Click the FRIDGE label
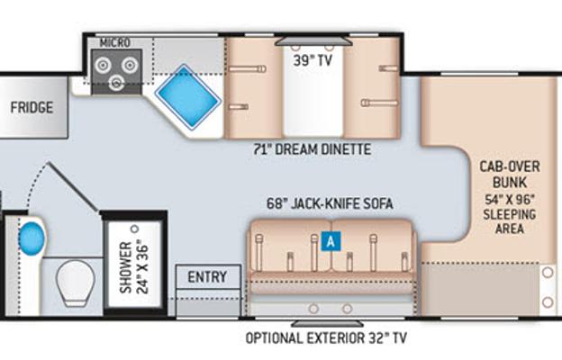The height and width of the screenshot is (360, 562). click(32, 107)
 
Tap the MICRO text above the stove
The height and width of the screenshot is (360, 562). click(114, 43)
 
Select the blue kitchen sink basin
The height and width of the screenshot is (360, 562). click(188, 96)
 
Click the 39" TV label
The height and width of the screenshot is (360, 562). click(313, 60)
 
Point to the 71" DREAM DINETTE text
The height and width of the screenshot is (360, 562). click(313, 149)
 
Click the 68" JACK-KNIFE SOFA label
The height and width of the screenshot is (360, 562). click(330, 203)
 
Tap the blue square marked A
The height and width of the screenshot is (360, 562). click(331, 241)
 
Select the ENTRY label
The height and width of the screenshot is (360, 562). click(207, 277)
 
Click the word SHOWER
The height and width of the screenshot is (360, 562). click(126, 267)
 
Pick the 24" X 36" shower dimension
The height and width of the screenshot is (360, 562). click(142, 269)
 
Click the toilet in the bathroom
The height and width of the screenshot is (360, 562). click(76, 283)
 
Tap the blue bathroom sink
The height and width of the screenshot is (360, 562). click(32, 238)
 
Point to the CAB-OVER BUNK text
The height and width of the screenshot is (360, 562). click(510, 175)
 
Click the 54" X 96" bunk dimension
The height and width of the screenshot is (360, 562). click(510, 200)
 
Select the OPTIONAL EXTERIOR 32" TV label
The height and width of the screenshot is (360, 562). click(326, 337)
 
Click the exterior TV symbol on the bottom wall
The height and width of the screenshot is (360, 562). click(327, 323)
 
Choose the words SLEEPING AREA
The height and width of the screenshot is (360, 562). click(510, 221)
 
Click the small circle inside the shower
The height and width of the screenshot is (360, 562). click(135, 229)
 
